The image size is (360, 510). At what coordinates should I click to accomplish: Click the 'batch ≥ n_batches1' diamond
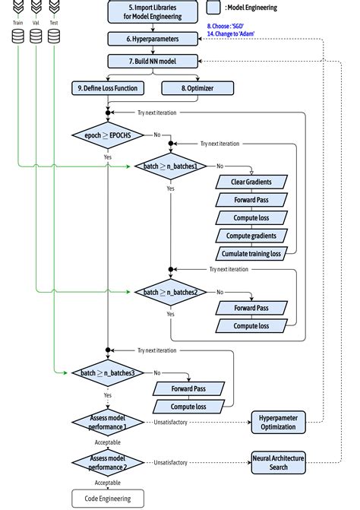pos(170,166)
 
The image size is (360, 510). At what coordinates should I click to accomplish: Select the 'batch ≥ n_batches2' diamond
pos(170,292)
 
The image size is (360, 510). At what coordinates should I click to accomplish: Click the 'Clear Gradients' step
pos(251,182)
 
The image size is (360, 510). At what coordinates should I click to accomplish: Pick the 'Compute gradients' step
pos(251,236)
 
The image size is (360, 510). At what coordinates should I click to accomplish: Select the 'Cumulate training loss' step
pos(251,253)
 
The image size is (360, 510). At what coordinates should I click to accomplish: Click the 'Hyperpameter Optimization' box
pos(279,423)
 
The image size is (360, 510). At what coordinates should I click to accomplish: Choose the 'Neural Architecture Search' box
pos(279,461)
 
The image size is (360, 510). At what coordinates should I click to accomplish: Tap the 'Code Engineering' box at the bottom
pos(108,499)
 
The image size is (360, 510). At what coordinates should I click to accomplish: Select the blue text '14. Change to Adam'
pos(230,33)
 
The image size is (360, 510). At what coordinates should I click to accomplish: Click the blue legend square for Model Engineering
pos(213,8)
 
